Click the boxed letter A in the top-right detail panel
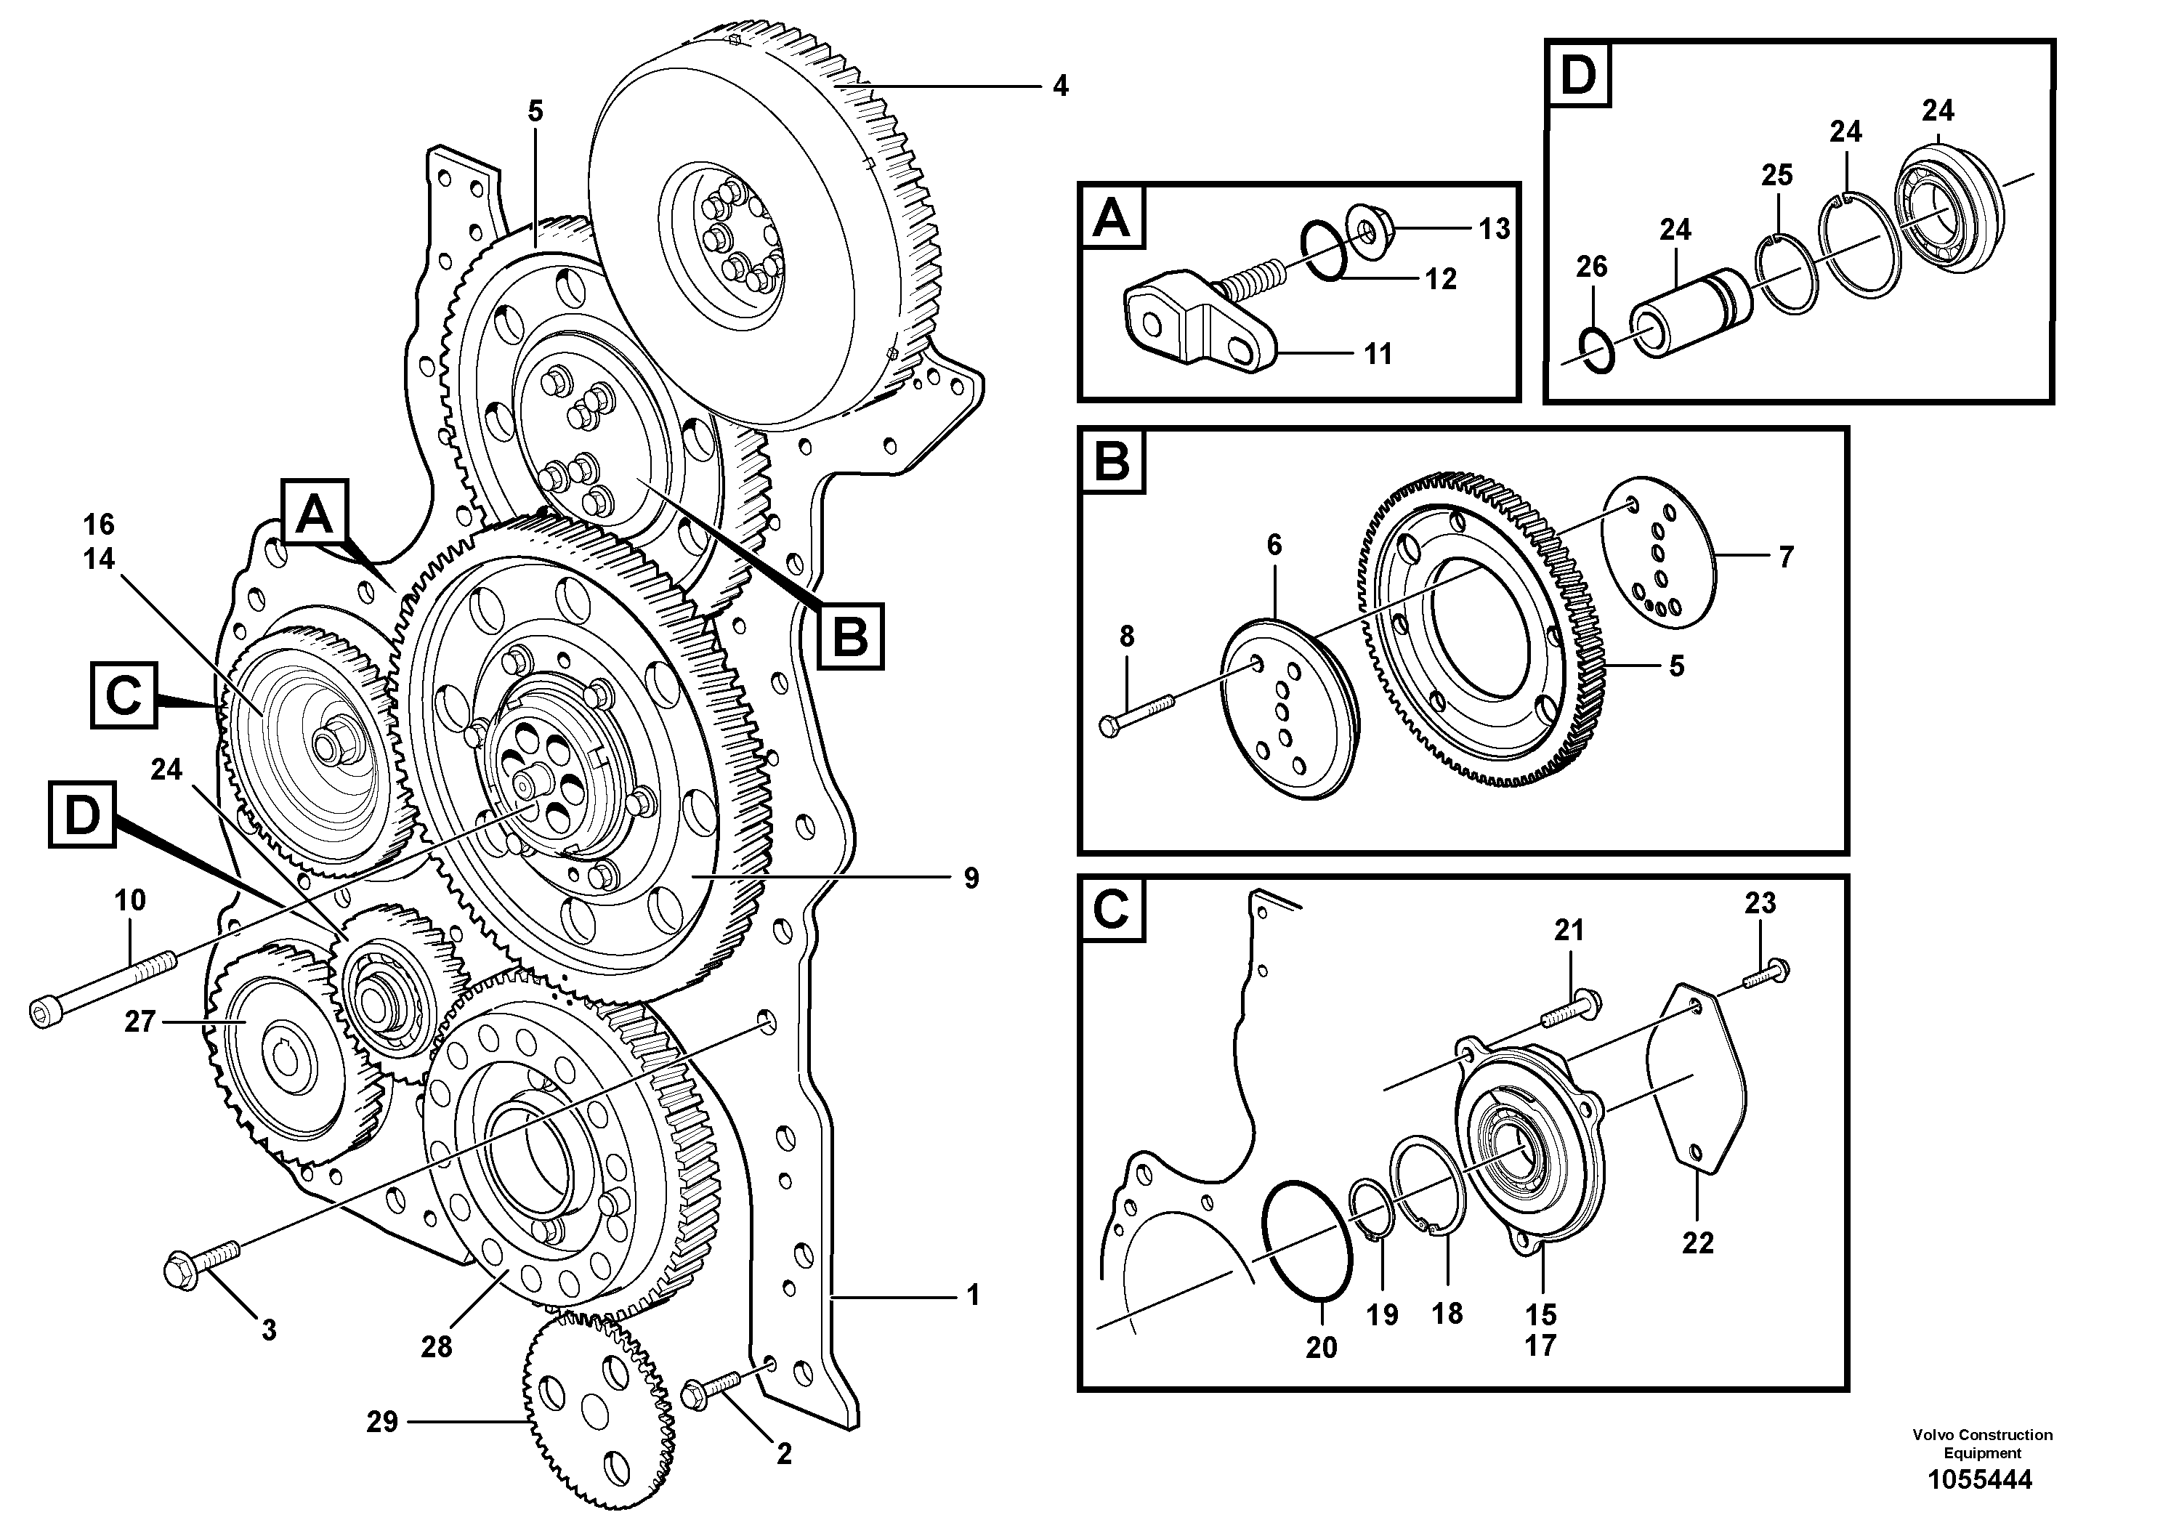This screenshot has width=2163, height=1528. [1112, 219]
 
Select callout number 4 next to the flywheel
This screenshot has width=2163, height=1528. [1061, 86]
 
